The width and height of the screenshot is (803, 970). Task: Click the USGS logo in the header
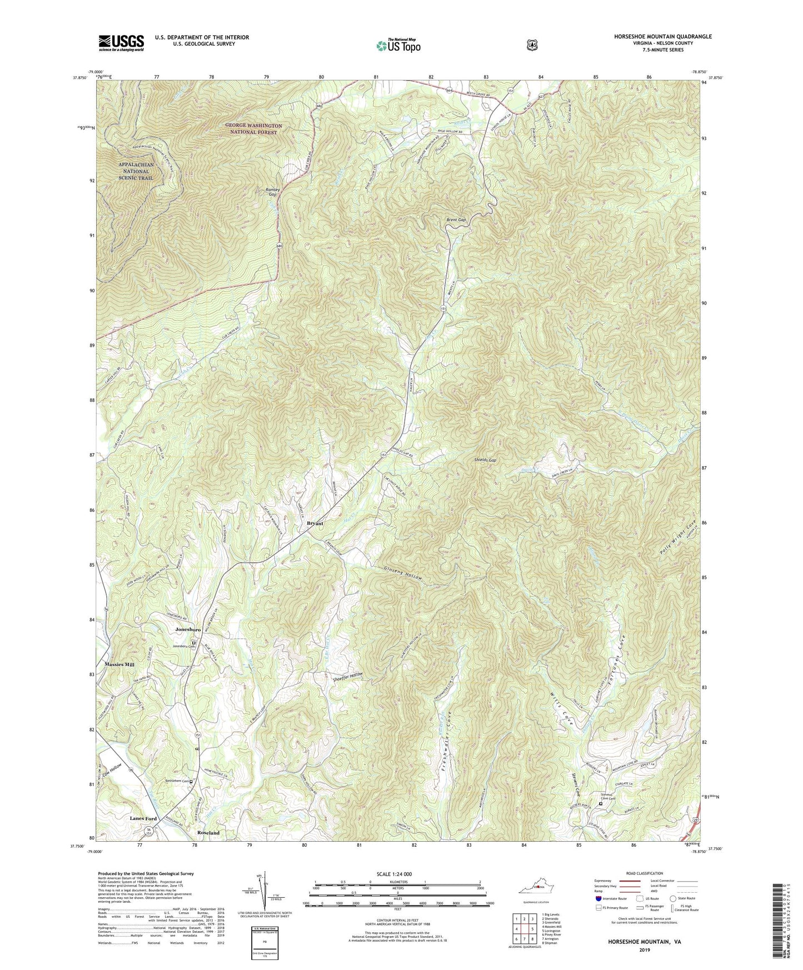121,43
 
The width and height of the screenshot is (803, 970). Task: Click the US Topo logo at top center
397,45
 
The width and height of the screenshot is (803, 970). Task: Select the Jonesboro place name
188,629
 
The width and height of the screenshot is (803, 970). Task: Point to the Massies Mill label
119,664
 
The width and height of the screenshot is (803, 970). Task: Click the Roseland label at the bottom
208,833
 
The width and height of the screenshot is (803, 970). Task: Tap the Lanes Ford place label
143,818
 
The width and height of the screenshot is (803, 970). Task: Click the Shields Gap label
485,460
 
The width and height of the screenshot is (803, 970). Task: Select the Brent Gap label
456,220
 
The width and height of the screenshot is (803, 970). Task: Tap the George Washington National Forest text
253,129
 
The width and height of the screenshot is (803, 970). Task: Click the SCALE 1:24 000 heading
397,874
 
